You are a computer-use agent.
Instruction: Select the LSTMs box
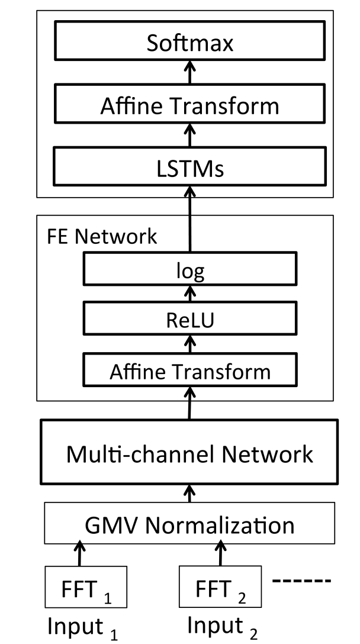190,166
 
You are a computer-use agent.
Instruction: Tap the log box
190,269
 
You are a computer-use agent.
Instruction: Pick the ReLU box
190,319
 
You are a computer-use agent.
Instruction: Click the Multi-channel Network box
189,452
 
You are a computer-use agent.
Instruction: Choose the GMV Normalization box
189,523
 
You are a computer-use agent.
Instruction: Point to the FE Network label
102,237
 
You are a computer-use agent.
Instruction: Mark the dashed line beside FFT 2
301,581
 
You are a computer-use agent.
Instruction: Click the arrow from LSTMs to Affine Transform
190,135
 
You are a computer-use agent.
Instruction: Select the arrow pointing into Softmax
190,72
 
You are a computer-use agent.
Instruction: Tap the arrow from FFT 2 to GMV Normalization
221,555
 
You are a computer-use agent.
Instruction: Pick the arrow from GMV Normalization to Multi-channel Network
189,493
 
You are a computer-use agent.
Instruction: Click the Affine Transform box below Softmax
190,104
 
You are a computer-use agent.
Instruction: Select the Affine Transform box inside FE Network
190,369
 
